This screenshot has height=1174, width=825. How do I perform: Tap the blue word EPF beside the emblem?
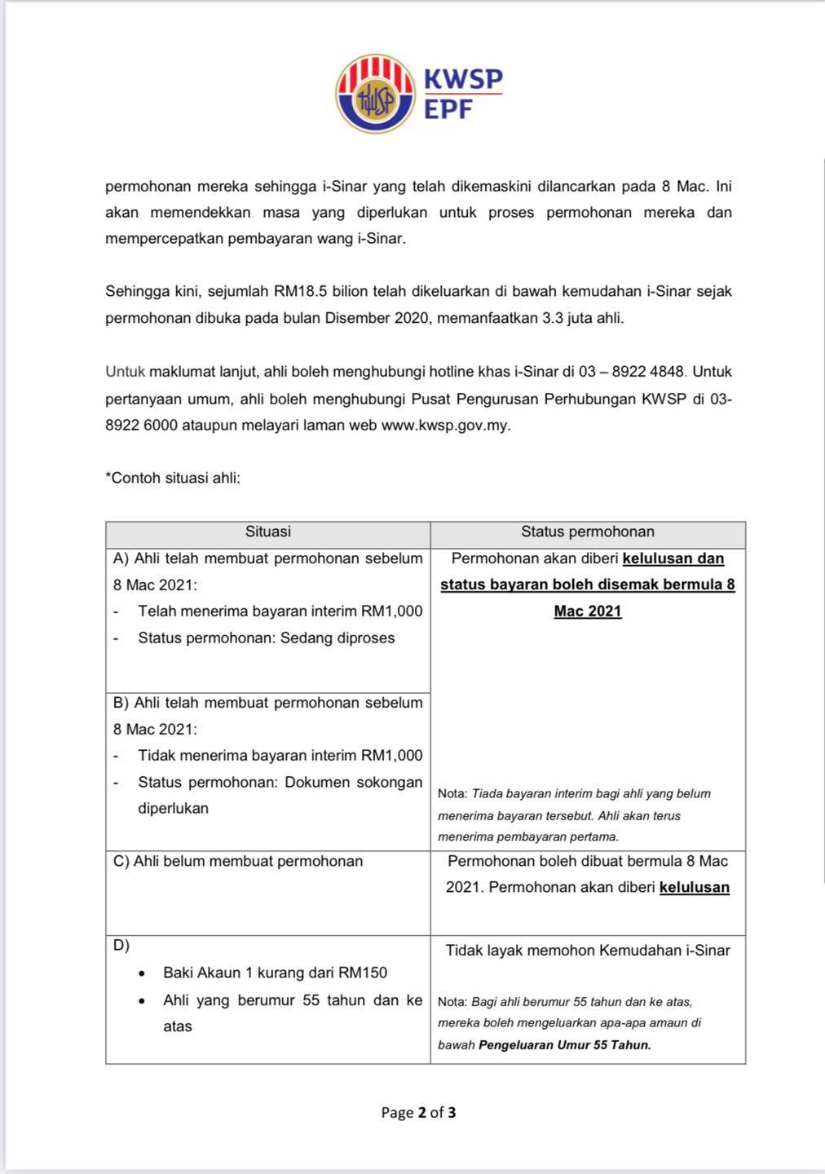[x=448, y=109]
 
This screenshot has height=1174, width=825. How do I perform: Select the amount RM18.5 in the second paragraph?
[x=302, y=291]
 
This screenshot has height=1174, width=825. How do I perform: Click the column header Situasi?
[x=267, y=532]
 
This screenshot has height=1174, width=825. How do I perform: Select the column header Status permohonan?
[x=587, y=532]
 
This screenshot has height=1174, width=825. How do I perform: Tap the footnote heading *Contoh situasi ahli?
[x=173, y=478]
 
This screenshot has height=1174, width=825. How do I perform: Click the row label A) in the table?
[x=121, y=558]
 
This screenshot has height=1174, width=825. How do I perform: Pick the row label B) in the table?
[x=121, y=703]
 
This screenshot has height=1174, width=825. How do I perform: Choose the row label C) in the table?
[x=121, y=861]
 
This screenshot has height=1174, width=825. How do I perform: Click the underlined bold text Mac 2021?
[x=587, y=611]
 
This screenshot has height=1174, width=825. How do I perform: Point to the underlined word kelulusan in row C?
[x=694, y=887]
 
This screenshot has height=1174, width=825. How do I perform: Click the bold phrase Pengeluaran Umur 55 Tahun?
[x=564, y=1045]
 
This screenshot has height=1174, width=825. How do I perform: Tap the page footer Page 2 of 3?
[x=418, y=1112]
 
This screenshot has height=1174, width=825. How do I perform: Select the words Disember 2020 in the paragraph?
[x=377, y=318]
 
